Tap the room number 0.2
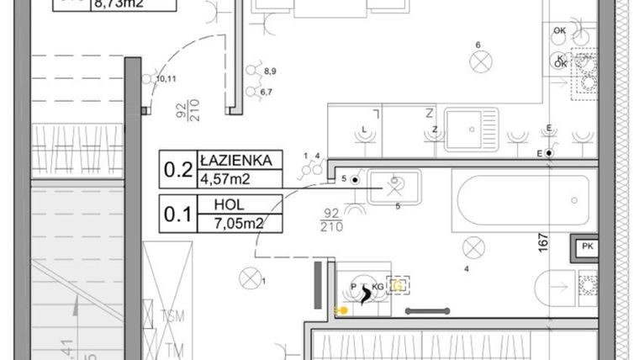click(177, 169)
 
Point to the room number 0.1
click(177, 214)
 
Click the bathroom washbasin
click(393, 184)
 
